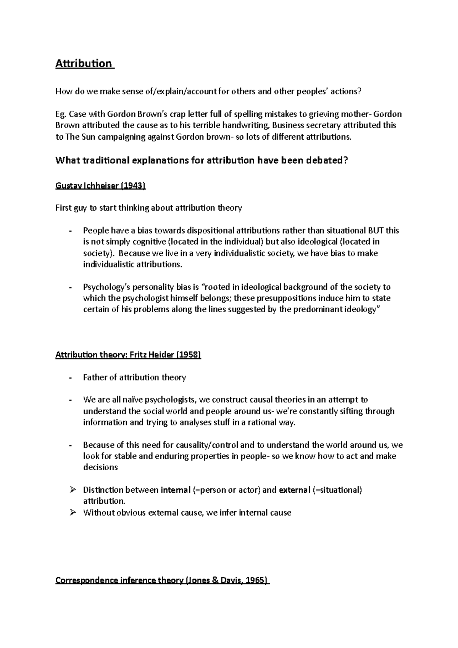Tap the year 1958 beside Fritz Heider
(188, 355)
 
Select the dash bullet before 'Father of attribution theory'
(70, 378)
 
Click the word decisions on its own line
(100, 467)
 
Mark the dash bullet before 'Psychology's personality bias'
(70, 287)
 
